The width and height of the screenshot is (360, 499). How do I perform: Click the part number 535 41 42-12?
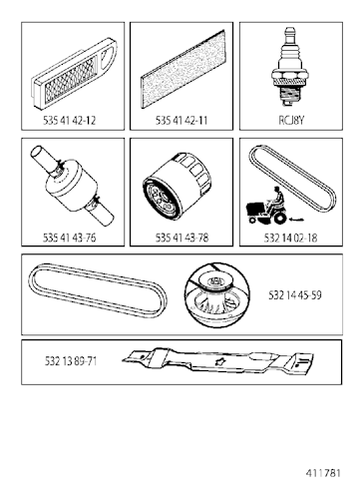69,120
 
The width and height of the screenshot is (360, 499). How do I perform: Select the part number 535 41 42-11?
181,120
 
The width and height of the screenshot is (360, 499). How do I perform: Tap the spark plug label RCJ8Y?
291,120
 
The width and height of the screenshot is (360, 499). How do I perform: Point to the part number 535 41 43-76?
69,238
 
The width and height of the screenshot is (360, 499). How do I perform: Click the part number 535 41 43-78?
181,238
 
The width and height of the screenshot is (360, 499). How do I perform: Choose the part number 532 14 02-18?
290,238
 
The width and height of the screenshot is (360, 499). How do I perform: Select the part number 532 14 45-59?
295,295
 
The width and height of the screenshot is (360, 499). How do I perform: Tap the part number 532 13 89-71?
71,361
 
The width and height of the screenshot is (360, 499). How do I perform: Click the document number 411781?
323,473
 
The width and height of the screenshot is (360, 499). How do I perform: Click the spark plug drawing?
288,67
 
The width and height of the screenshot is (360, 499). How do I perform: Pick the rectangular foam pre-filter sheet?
183,69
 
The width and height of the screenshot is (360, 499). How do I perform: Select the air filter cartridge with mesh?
74,74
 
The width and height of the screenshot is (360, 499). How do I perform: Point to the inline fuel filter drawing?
73,186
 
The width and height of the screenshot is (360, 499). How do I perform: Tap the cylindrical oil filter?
178,186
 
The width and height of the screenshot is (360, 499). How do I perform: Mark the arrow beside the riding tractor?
297,220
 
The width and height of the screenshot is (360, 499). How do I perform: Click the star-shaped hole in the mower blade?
219,362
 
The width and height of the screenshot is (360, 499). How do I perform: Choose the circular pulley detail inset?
216,295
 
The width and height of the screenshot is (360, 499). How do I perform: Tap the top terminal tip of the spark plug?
288,29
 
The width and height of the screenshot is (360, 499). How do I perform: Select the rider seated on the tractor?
277,199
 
